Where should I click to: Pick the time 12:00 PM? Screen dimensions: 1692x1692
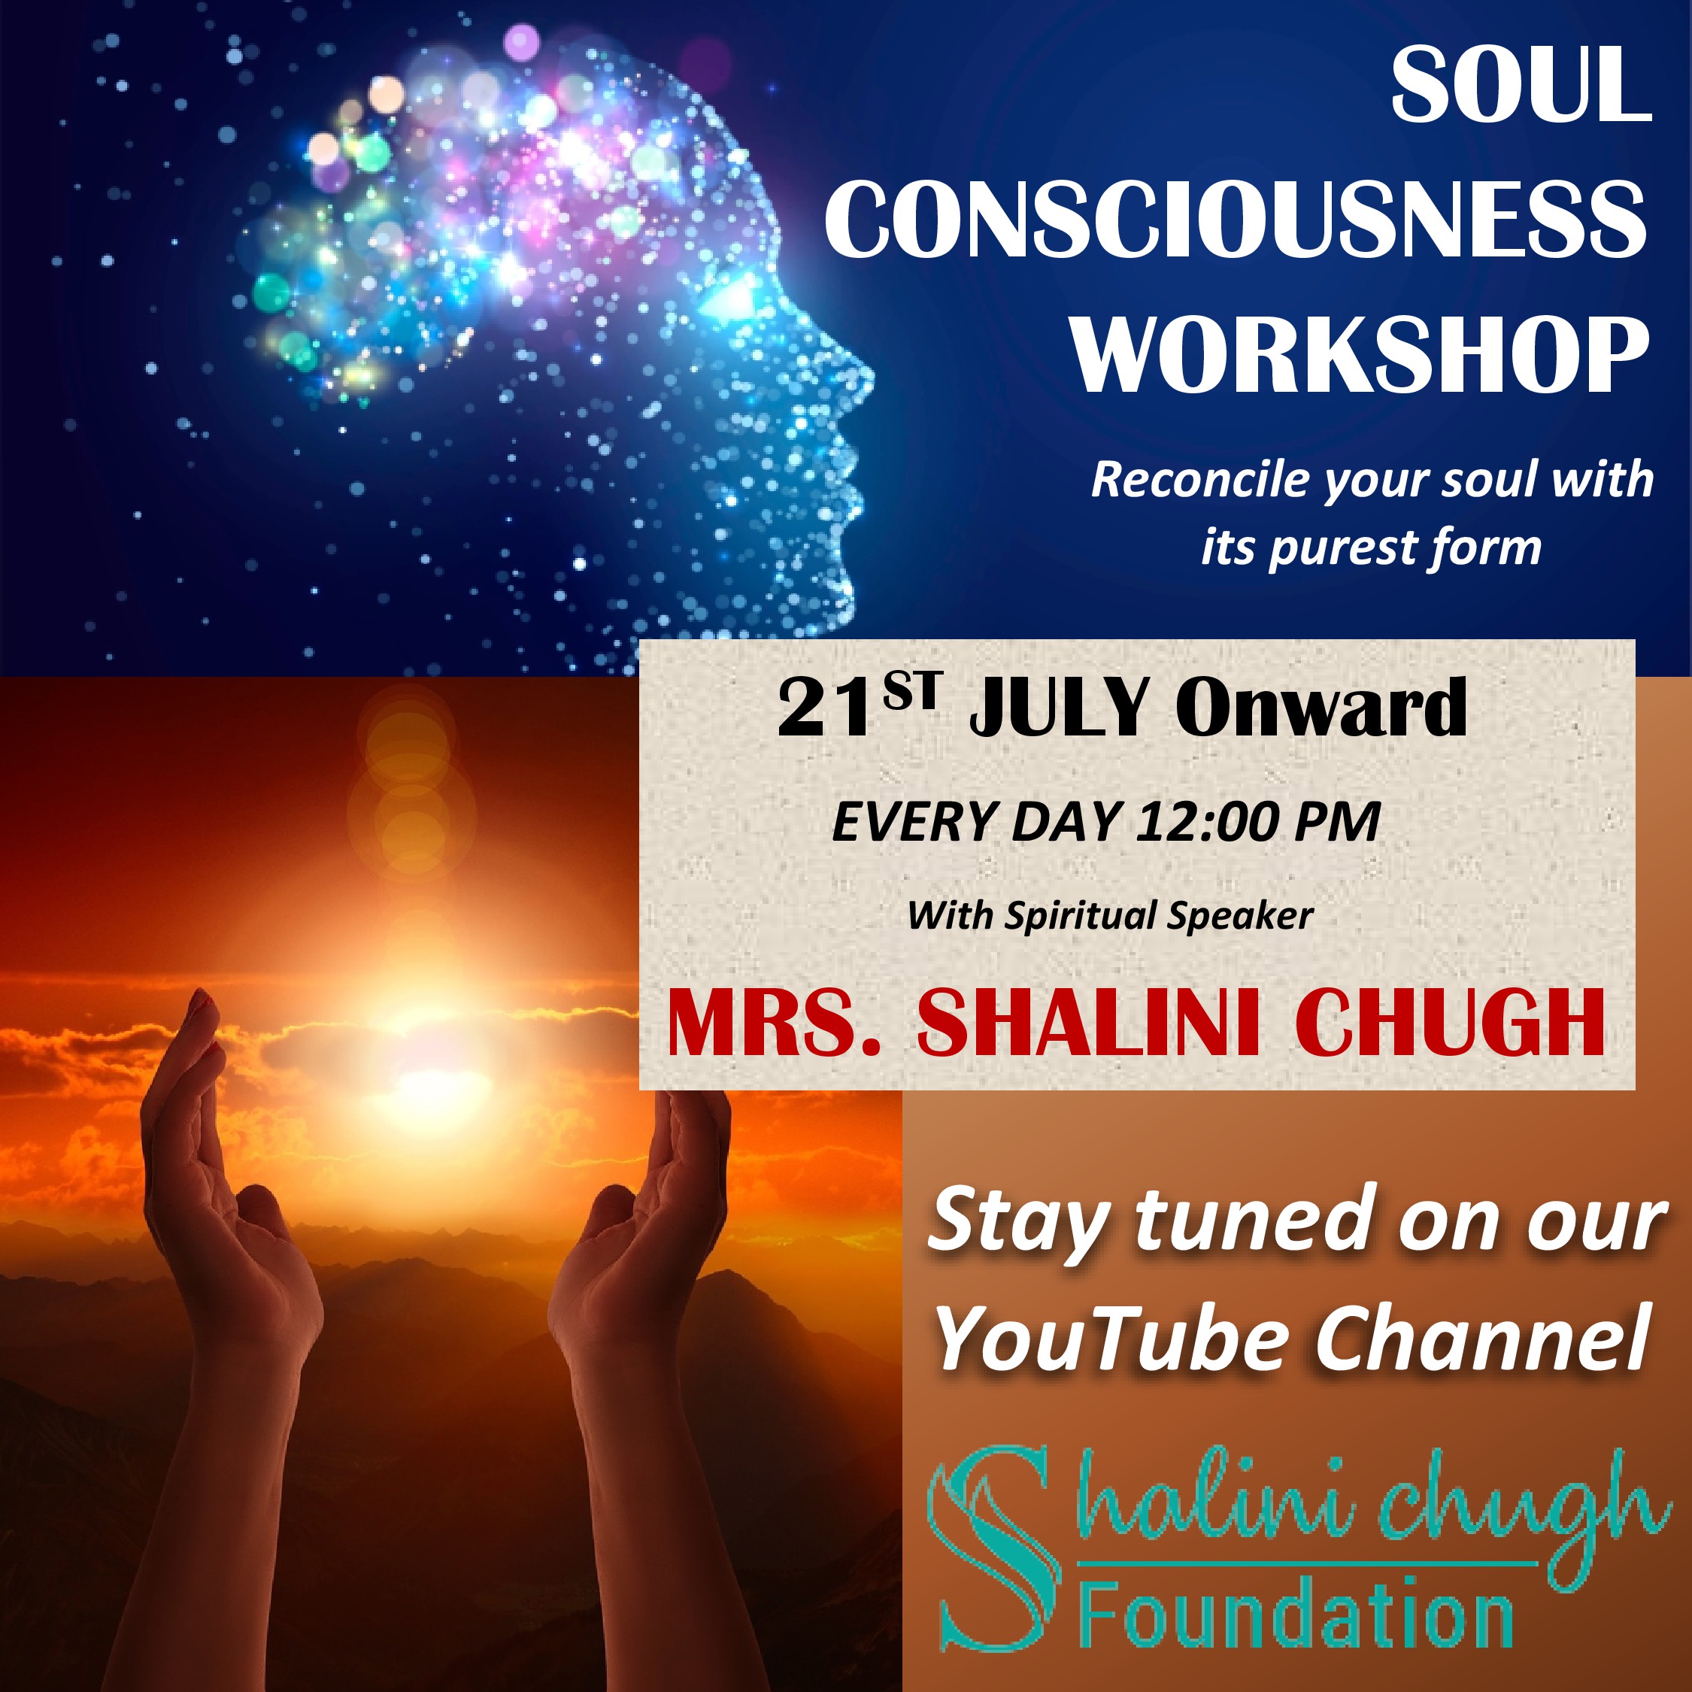tap(1259, 823)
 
